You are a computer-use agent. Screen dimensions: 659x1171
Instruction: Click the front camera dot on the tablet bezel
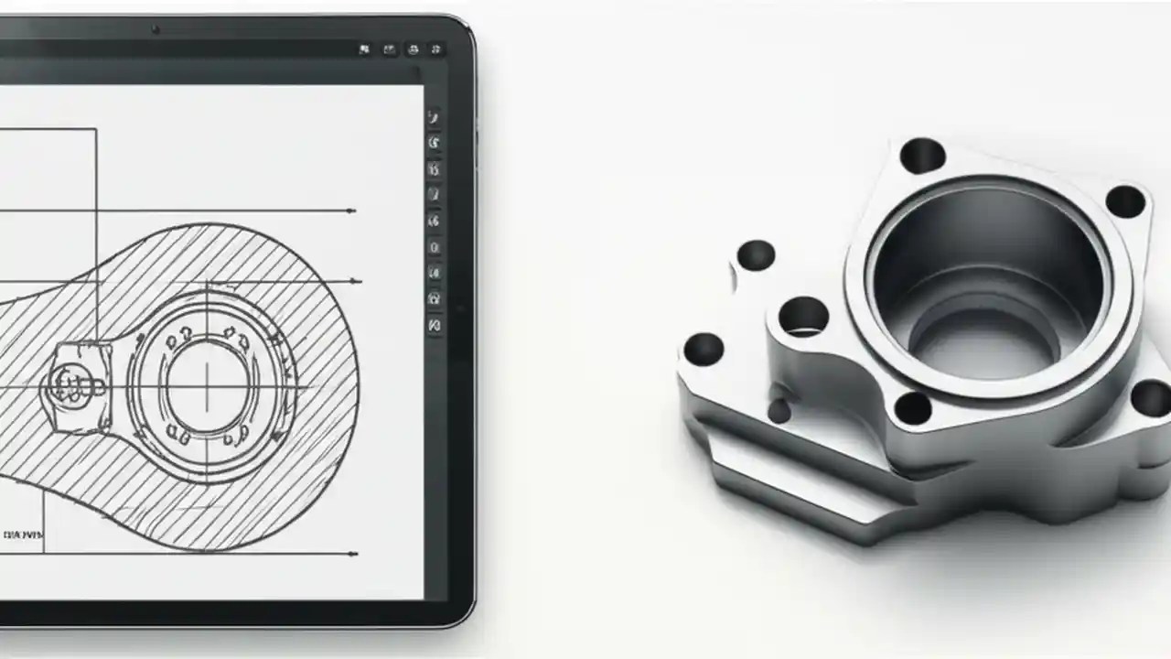click(156, 29)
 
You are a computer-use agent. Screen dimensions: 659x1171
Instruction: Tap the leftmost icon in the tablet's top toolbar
click(364, 49)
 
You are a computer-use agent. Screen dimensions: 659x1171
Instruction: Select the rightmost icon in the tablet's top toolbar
click(436, 49)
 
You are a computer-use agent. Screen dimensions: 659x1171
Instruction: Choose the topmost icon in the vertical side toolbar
click(434, 117)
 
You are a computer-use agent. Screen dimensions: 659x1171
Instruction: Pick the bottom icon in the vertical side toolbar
click(435, 325)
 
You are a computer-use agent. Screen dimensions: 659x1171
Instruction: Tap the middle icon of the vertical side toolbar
click(434, 221)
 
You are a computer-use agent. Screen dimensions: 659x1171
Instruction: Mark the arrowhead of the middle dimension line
click(356, 282)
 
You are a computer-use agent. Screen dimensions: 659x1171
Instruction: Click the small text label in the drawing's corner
click(23, 535)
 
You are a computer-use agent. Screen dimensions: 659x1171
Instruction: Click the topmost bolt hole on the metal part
click(922, 156)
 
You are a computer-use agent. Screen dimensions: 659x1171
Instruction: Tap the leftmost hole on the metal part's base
click(704, 349)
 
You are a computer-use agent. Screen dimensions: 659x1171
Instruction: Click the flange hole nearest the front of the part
click(913, 408)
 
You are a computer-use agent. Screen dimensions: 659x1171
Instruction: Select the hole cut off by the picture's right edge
click(1151, 399)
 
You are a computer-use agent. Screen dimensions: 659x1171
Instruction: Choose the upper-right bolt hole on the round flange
click(1125, 201)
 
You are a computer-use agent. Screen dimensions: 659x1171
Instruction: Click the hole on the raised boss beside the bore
click(803, 317)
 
